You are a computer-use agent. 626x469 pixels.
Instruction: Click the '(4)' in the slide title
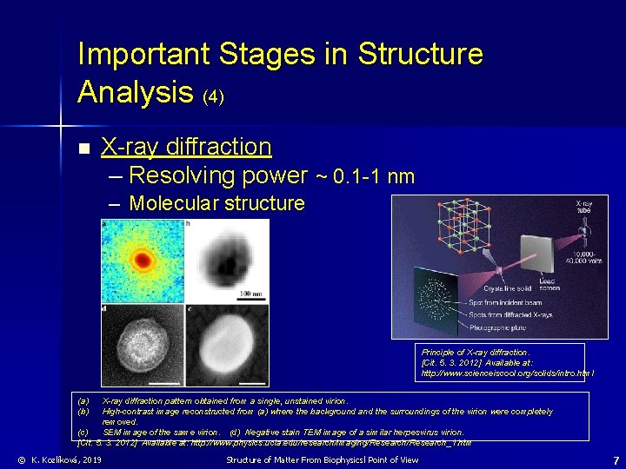pyautogui.click(x=213, y=96)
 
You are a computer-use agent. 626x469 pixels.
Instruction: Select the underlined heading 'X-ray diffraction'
pyautogui.click(x=186, y=147)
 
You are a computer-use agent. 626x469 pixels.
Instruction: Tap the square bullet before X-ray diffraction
pyautogui.click(x=83, y=149)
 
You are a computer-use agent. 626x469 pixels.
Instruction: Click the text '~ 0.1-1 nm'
pyautogui.click(x=363, y=177)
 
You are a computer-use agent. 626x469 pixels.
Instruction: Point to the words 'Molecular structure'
pyautogui.click(x=216, y=204)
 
